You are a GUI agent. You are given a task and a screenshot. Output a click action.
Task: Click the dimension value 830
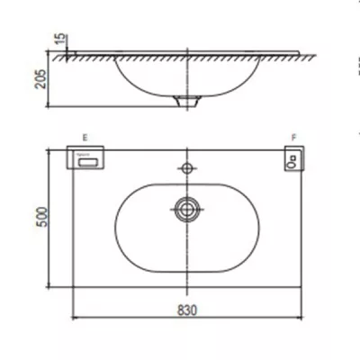(x=187, y=310)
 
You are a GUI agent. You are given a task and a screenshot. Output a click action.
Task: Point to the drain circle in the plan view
(x=187, y=209)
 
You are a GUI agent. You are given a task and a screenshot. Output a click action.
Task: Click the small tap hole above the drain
(x=187, y=168)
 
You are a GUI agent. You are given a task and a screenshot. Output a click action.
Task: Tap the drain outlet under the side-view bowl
(x=187, y=99)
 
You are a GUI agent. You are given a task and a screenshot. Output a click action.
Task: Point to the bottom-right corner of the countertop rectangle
(x=302, y=292)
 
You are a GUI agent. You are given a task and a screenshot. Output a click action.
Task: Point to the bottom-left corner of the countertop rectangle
(x=71, y=292)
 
